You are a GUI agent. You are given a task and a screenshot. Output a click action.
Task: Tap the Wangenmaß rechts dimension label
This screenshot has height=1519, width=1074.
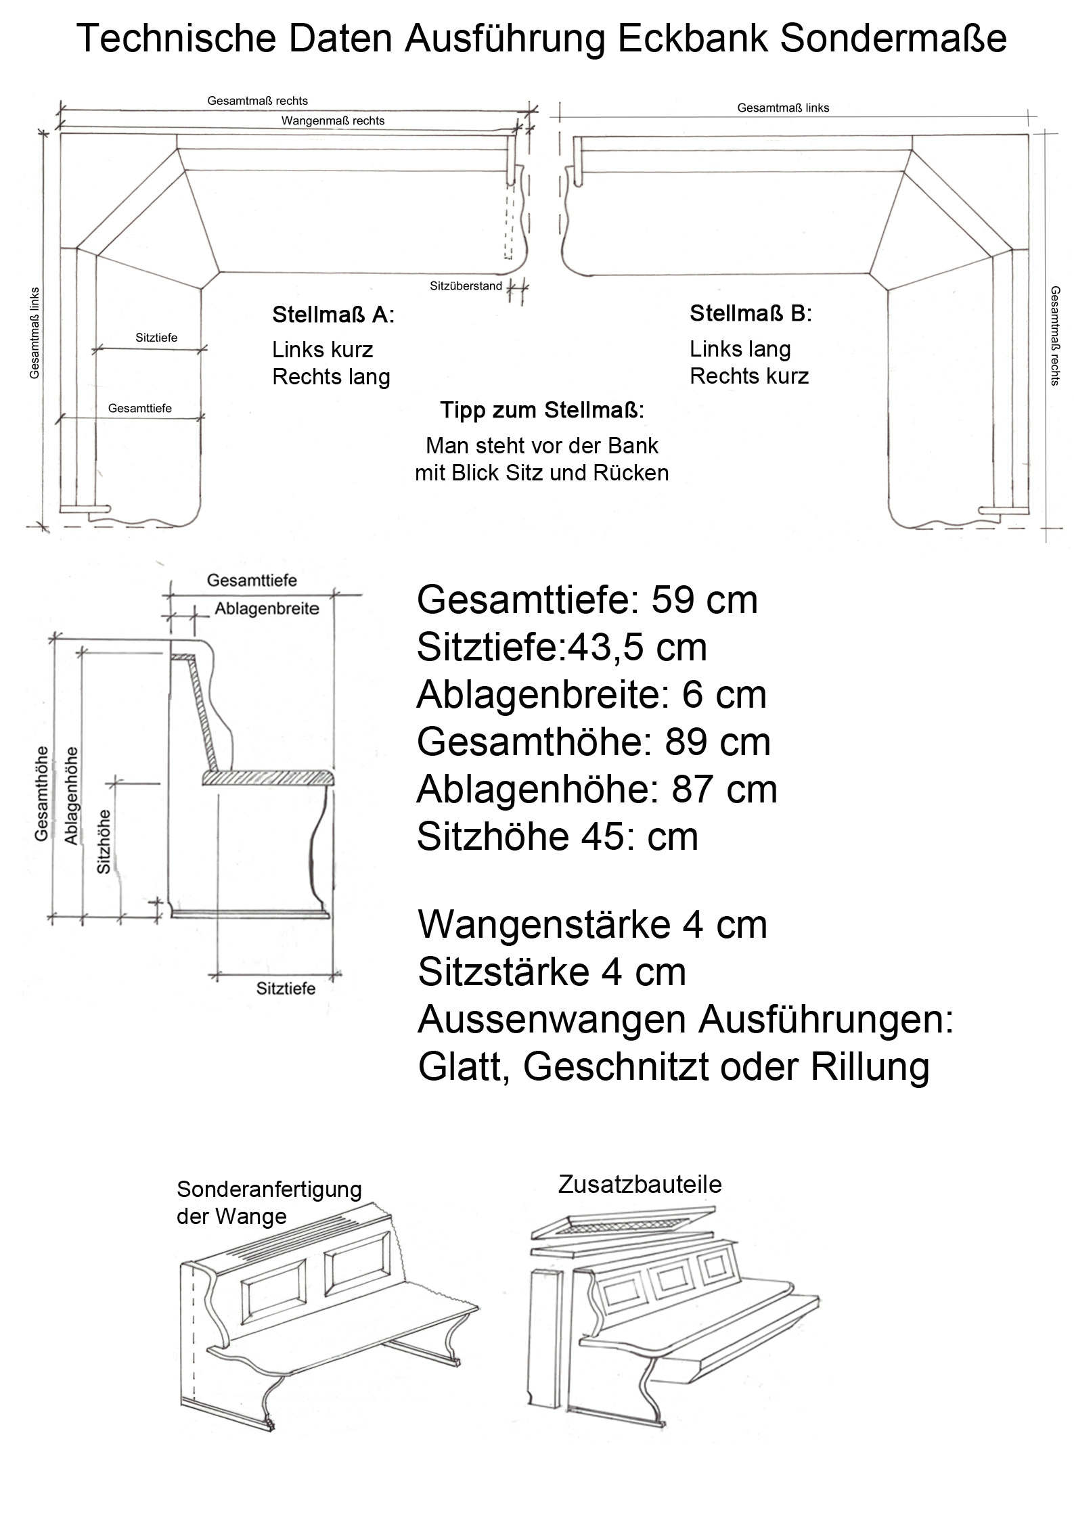click(333, 121)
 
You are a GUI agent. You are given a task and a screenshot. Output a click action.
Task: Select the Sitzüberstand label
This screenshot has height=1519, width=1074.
click(466, 286)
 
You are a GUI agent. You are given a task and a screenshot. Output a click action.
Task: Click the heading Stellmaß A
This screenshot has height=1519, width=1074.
click(333, 315)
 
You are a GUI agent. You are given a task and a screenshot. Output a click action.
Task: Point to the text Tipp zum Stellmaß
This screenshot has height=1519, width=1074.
click(542, 410)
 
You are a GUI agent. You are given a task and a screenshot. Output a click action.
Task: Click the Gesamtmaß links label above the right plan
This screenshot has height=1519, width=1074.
click(783, 108)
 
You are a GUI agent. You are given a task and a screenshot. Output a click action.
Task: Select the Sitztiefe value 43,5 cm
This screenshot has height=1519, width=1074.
click(637, 648)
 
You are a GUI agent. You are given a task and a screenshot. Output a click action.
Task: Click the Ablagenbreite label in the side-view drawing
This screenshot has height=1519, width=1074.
click(267, 609)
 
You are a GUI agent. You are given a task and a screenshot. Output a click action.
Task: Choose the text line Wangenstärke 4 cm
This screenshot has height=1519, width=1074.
click(593, 926)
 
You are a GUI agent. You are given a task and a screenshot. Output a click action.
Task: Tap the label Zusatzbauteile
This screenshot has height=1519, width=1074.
click(640, 1184)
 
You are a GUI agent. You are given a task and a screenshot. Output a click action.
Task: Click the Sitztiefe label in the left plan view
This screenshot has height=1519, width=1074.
click(156, 338)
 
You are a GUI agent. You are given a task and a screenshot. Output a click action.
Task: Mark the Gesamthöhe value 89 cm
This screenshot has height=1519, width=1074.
click(717, 742)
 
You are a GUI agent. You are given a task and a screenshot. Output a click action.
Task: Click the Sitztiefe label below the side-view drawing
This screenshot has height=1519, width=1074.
click(286, 989)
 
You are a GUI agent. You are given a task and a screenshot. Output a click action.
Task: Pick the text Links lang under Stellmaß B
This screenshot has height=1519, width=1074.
click(740, 349)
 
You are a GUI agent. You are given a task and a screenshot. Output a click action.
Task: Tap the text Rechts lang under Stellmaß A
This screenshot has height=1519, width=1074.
click(331, 377)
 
